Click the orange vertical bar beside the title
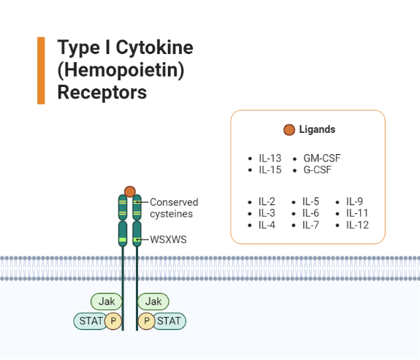coord(41,70)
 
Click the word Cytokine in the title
coord(151,48)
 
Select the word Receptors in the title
coord(102,93)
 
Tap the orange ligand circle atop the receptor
coord(130,191)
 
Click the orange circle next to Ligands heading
coord(289,130)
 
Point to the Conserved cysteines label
coord(174,208)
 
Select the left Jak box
coord(107,301)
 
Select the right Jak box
coord(153,301)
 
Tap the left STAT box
coord(89,320)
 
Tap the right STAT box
coord(169,320)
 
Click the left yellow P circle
coord(113,321)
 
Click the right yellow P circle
coord(147,321)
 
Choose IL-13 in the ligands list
coord(270,158)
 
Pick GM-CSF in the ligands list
coord(322,158)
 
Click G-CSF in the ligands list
coord(318,170)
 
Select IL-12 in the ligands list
coord(357,225)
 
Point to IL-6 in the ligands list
coord(310,213)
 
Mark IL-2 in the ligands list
coord(267,202)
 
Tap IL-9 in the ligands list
coord(354,202)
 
